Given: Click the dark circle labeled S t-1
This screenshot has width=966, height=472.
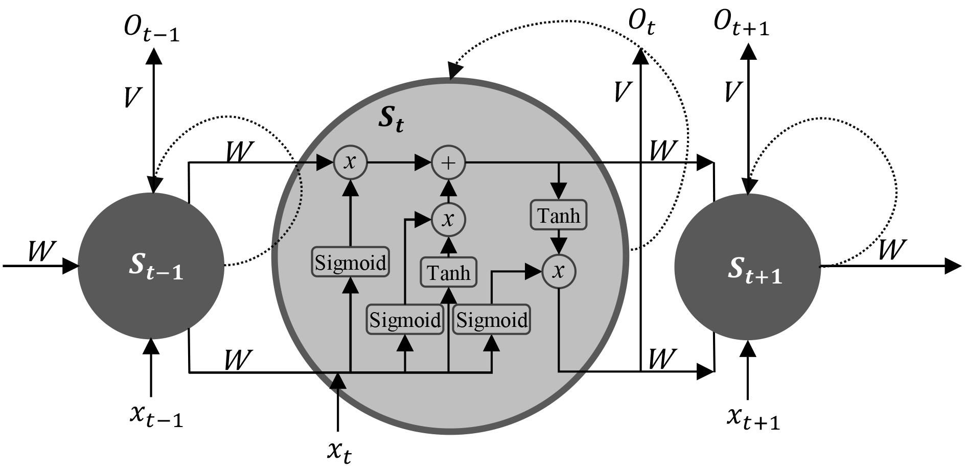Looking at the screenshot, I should tap(151, 266).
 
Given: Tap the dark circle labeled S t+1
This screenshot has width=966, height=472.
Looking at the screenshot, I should tap(748, 267).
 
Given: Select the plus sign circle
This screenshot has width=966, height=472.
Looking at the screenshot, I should tap(448, 163).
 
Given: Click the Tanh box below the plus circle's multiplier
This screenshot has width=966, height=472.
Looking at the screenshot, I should tap(448, 272).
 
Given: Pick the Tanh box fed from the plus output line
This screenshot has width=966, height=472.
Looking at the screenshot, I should tap(559, 215).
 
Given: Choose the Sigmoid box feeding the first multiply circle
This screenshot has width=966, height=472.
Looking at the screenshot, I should tap(350, 262).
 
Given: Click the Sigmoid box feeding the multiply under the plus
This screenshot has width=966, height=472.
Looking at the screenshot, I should tap(405, 320).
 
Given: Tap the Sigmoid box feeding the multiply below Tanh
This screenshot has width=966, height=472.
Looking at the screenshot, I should tap(492, 320).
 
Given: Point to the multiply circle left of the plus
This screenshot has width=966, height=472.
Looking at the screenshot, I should tap(350, 162).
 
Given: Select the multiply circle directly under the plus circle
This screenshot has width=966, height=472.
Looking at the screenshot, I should tap(448, 220).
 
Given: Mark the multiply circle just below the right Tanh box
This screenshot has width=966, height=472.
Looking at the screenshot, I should tap(559, 271).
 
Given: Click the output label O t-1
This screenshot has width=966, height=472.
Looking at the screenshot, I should tap(151, 28).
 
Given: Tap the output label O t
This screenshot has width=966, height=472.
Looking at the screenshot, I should tap(641, 23).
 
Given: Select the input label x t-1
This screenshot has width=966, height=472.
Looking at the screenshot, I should tap(156, 416).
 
